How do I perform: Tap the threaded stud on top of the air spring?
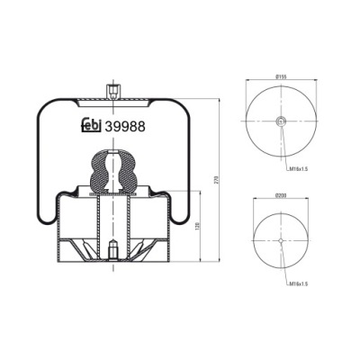[112, 92]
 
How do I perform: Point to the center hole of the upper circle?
[280, 121]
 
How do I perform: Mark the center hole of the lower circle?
[280, 241]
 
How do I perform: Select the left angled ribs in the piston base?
[76, 247]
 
